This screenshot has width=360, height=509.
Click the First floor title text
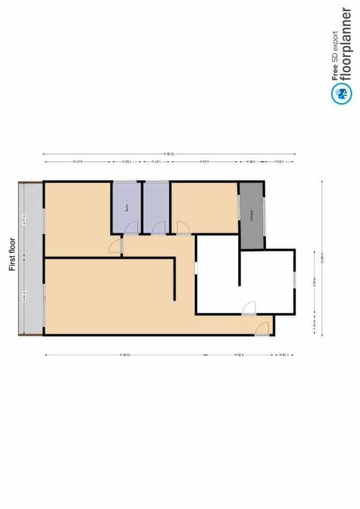point(13,254)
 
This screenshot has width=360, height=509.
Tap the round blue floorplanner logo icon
point(341,94)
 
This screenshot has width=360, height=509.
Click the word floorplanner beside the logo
point(345,45)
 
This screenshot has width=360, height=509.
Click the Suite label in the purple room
point(127,207)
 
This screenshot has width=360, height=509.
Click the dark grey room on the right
point(251,215)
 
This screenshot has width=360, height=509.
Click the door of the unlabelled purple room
point(159,228)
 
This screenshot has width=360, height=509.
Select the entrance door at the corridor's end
point(261,329)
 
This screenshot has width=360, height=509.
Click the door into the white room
point(249,308)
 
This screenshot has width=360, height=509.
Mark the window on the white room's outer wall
point(295,279)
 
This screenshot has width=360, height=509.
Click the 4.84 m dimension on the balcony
point(24,298)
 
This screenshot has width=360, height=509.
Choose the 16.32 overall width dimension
point(170,154)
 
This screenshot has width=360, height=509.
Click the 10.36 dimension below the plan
point(125,355)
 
